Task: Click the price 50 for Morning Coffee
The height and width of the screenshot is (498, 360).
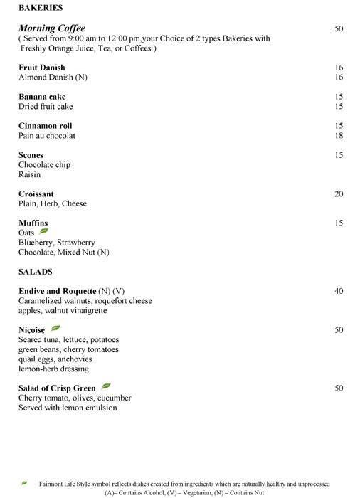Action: pos(339,28)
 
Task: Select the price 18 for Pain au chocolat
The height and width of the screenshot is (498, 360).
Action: pos(339,135)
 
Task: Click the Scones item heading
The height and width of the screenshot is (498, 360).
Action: pos(31,155)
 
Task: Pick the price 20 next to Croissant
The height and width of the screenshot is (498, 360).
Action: pos(339,194)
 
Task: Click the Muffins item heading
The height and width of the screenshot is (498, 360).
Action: pos(33,223)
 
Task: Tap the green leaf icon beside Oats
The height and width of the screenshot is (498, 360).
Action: pos(43,232)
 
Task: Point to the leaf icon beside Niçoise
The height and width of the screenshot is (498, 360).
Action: pos(55,329)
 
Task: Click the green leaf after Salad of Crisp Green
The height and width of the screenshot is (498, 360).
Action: pos(107,387)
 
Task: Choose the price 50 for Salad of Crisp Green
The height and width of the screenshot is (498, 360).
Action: pos(339,388)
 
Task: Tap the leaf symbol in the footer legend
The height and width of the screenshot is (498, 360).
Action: pos(25,482)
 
